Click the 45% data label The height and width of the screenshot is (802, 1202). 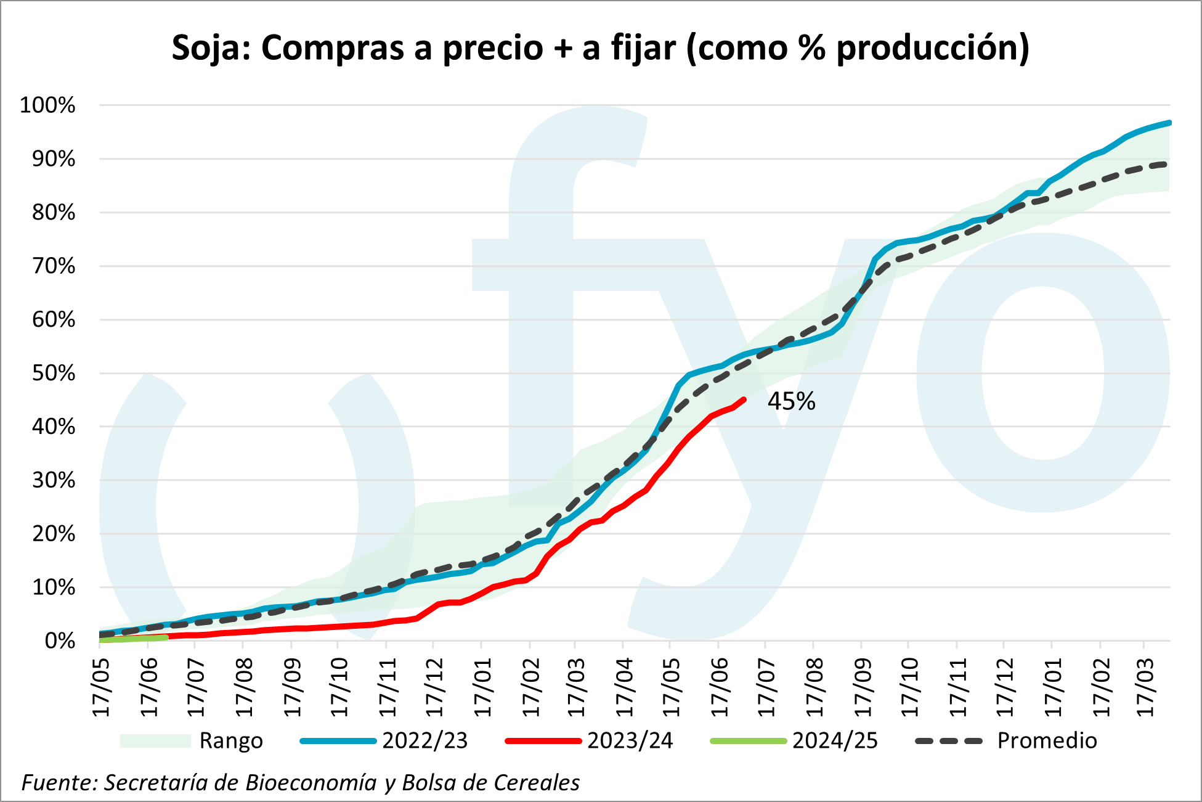pos(791,401)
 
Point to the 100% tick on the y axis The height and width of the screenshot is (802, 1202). pos(47,105)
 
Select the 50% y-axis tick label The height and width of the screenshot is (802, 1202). pos(53,373)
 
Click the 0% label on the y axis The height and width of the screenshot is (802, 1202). pos(60,641)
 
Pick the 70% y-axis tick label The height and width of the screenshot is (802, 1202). pos(53,266)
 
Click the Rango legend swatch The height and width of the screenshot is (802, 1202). pos(155,740)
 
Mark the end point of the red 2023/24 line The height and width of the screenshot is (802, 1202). pos(744,399)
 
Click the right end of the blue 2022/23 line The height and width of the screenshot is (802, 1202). pos(1169,123)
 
